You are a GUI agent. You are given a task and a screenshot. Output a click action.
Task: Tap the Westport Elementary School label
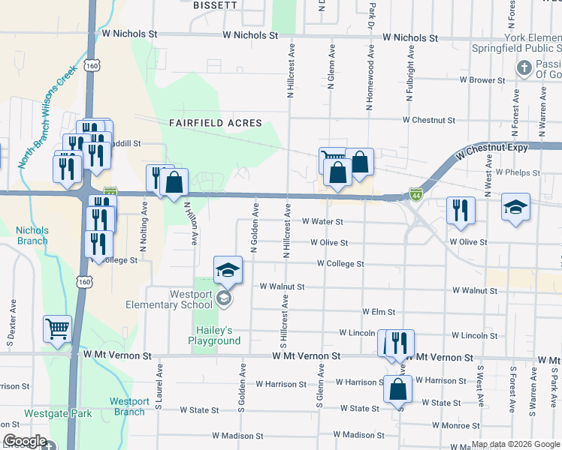pos(180,300)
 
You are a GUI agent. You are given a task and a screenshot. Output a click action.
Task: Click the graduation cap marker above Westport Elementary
pos(228,271)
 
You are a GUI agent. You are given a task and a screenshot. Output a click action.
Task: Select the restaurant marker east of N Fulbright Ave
pos(460,211)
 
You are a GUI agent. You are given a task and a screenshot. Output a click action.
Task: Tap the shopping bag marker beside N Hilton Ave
pos(174,183)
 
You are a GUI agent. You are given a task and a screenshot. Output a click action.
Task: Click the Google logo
pos(25,442)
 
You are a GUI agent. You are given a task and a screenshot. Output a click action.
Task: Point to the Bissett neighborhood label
pos(215,4)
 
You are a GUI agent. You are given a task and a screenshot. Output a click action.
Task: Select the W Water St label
pos(322,222)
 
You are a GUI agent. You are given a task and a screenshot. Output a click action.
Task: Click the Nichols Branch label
pos(32,235)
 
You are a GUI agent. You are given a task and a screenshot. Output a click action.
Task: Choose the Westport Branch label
pos(129,406)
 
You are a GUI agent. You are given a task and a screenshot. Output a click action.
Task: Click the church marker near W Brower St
pos(524,69)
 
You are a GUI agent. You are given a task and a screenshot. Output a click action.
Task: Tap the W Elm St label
pos(378,311)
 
